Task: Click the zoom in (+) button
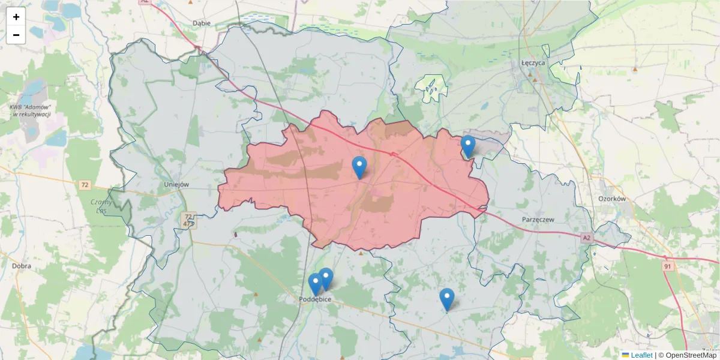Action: coord(16,17)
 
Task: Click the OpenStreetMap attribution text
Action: coord(691,355)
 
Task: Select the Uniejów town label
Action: coord(176,185)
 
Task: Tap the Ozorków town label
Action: coord(612,199)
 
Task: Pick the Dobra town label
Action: coord(22,265)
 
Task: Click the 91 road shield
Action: coord(668,265)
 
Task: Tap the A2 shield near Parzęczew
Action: coord(586,238)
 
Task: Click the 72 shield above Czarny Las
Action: coord(84,185)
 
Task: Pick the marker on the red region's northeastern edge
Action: coord(468,146)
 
